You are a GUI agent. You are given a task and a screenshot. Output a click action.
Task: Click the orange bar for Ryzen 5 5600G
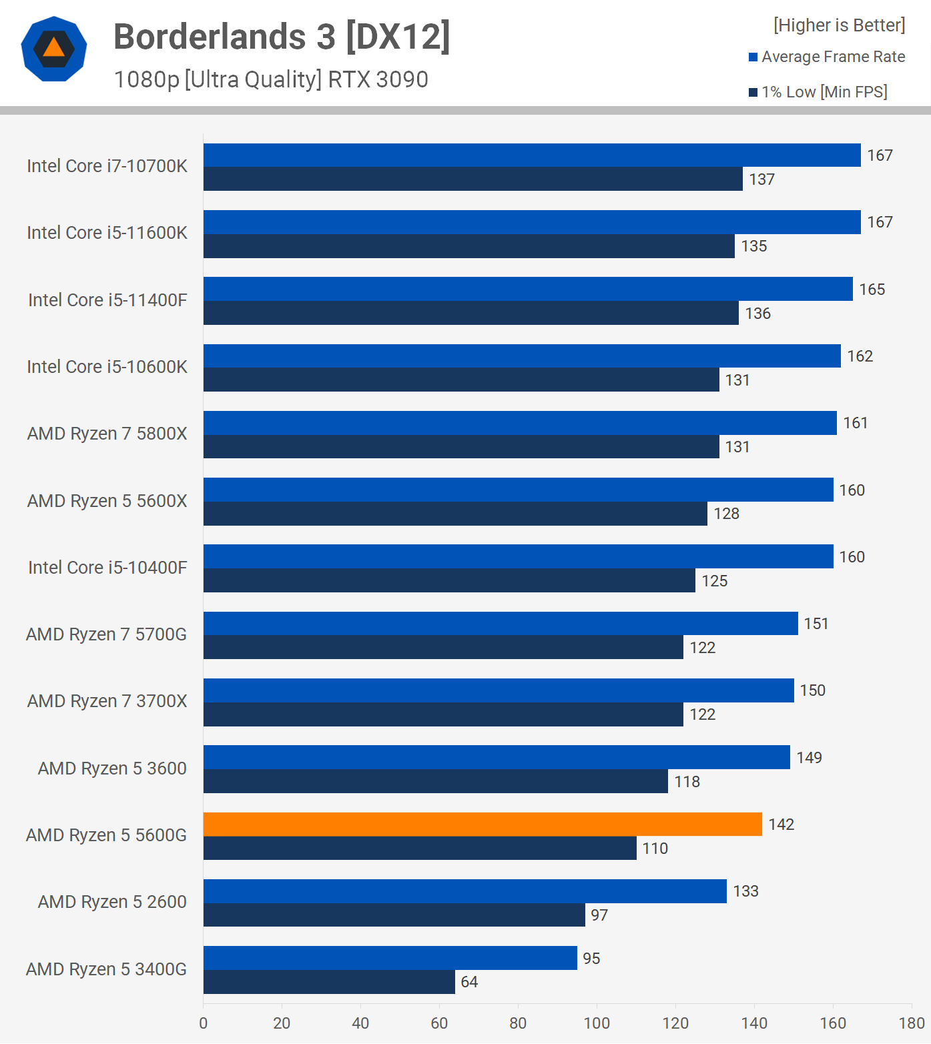coord(482,825)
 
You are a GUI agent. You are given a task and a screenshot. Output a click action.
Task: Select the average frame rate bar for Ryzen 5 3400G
coord(390,958)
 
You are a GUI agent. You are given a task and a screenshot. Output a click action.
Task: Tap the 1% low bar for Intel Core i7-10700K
coord(473,179)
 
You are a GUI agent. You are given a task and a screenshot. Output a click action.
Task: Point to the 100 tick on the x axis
coord(597,1023)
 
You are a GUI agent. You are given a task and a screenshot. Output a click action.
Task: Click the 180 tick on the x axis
coord(912,1023)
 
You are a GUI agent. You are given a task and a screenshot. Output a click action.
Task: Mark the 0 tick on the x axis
coord(204,1023)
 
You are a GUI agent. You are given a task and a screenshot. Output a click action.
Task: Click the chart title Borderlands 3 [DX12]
coord(282,37)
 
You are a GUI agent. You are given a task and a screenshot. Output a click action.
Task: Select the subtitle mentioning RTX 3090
coord(271,79)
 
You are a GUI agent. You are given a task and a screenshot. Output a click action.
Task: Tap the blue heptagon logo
coord(54,49)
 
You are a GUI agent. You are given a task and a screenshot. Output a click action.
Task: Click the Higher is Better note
coord(839,25)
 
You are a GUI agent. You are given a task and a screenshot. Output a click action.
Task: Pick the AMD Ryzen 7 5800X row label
coord(107,434)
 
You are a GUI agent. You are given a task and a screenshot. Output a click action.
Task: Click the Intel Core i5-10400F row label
coord(107,568)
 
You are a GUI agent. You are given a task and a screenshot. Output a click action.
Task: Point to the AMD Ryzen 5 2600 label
coord(112,902)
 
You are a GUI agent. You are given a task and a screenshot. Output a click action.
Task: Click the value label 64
coord(469,982)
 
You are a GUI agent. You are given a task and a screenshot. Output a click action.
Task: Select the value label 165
coord(872,290)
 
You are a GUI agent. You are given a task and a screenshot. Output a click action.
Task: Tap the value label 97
coord(599,915)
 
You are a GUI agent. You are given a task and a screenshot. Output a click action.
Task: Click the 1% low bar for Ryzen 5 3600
coord(435,781)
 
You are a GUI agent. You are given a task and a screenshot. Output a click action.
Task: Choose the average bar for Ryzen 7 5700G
coord(501,624)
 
